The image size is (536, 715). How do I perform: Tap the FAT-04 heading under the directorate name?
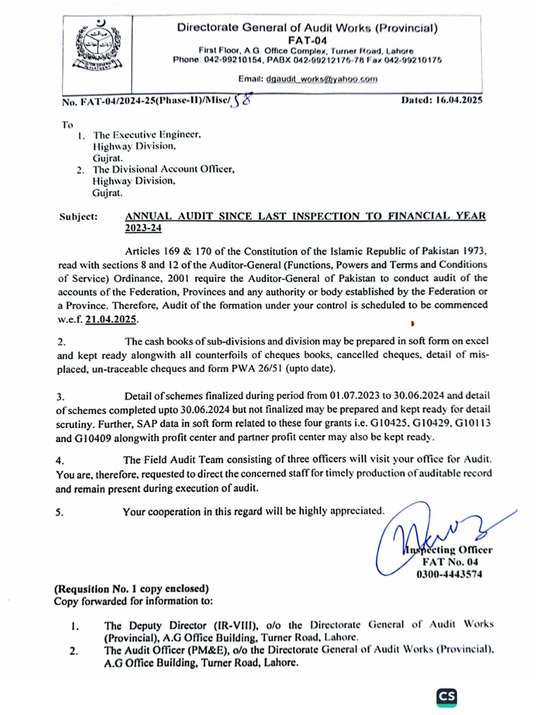click(307, 40)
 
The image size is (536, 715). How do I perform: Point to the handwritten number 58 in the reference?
click(241, 101)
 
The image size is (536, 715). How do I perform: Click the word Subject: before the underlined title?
click(78, 217)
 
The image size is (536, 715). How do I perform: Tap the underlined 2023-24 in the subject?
click(142, 228)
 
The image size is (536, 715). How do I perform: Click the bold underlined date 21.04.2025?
click(110, 318)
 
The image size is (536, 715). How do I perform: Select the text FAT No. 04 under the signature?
click(449, 562)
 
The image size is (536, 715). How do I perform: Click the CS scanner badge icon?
click(447, 696)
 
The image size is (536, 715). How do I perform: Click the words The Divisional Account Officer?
click(164, 169)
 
